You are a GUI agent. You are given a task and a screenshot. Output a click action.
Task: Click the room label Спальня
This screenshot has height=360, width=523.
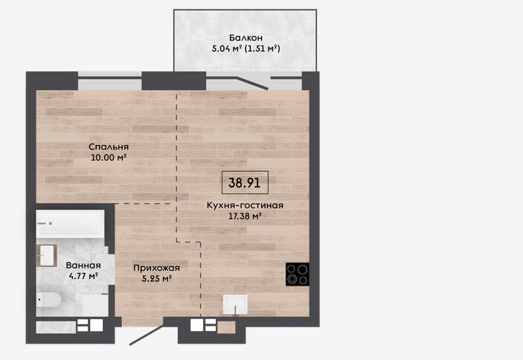(109, 147)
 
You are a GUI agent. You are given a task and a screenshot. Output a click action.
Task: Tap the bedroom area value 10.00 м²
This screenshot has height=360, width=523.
(109, 158)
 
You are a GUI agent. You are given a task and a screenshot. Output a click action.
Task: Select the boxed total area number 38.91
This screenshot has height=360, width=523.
(245, 183)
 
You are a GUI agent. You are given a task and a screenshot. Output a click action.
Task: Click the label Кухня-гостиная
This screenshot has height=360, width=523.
(245, 205)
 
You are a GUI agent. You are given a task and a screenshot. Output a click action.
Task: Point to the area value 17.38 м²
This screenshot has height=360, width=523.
(245, 216)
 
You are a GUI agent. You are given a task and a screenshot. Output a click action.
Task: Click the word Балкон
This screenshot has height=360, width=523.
(246, 38)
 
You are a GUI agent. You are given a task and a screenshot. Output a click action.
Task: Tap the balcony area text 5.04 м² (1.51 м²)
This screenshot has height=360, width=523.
(246, 48)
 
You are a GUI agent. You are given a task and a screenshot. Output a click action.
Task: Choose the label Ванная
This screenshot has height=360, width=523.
(83, 266)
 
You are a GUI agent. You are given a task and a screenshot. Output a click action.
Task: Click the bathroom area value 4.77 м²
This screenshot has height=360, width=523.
(83, 276)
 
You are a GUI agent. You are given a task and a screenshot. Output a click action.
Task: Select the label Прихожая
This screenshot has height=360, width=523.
(156, 268)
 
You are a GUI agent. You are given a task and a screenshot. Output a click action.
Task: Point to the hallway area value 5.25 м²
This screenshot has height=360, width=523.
(156, 279)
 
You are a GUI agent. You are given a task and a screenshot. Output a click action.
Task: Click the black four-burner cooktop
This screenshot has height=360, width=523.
(297, 274)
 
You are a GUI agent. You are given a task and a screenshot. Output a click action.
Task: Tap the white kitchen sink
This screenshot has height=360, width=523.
(235, 305)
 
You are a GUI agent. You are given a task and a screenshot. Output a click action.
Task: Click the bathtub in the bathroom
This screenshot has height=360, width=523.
(71, 224)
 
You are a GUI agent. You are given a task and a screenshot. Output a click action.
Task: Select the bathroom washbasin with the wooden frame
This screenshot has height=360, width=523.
(46, 255)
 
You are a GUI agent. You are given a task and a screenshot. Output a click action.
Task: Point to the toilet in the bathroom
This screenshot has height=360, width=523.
(48, 300)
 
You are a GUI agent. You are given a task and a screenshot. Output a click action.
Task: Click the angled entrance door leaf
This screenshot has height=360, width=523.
(147, 334)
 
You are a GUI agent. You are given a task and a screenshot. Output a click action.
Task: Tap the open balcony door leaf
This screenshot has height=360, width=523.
(252, 83)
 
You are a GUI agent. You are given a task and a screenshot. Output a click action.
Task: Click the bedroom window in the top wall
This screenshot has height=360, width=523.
(110, 81)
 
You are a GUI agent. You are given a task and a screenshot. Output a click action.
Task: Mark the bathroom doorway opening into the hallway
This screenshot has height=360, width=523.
(111, 266)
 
